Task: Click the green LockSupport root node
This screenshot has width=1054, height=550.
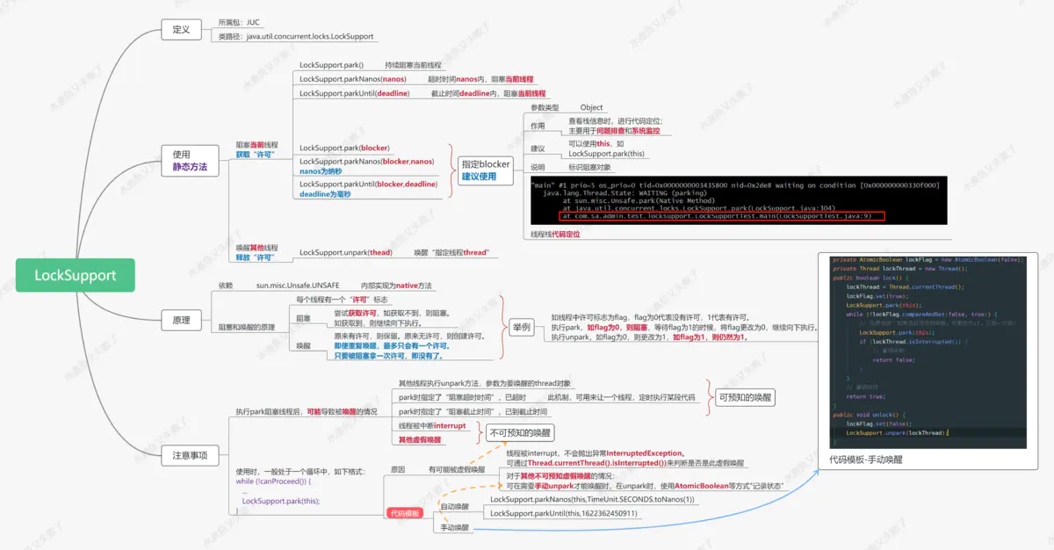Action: tap(75, 275)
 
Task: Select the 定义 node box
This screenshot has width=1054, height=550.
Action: tap(181, 29)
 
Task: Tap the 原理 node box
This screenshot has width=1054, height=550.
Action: tap(181, 321)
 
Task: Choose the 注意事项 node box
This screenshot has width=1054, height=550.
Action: tap(190, 454)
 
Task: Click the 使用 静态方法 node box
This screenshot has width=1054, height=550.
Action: tap(190, 160)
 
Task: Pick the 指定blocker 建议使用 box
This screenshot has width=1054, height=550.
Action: tap(486, 170)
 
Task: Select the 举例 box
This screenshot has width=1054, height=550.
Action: tap(521, 327)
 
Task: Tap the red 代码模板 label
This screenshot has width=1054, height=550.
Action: tap(405, 513)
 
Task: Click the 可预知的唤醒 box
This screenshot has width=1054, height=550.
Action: tap(746, 397)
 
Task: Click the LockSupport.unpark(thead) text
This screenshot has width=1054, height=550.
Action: tap(346, 252)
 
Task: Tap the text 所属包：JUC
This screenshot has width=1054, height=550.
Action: tap(239, 22)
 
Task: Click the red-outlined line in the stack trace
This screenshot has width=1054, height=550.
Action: tap(721, 215)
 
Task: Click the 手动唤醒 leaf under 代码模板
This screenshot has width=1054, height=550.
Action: tap(454, 528)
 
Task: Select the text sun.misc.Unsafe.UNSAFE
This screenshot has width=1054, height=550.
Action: tap(298, 286)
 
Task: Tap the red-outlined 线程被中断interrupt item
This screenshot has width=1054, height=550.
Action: tap(431, 425)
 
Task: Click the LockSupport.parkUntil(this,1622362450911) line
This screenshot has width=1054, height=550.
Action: tap(564, 513)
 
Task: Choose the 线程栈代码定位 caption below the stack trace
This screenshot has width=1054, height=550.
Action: tap(555, 235)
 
